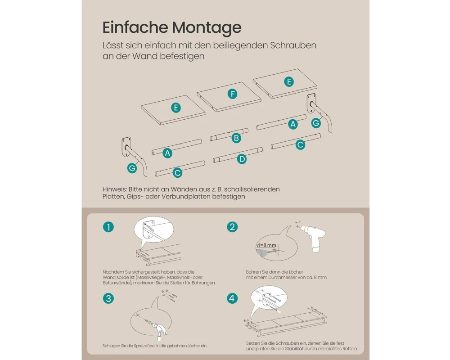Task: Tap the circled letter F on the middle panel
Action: (x=233, y=94)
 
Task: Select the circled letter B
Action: (x=237, y=138)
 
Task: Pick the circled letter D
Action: (x=242, y=159)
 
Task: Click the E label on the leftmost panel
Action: (x=176, y=108)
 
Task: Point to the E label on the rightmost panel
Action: (x=289, y=82)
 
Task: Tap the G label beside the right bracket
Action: (x=316, y=123)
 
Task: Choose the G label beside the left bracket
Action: (x=132, y=168)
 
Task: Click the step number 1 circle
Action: (x=108, y=227)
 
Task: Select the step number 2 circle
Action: (x=232, y=227)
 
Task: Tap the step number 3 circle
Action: (x=108, y=298)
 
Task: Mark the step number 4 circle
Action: (x=232, y=298)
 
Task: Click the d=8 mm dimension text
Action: (x=266, y=245)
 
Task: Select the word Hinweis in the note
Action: (x=114, y=189)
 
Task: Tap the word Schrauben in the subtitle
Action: (x=293, y=45)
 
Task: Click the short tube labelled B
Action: (x=229, y=135)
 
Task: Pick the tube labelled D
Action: (x=238, y=155)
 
